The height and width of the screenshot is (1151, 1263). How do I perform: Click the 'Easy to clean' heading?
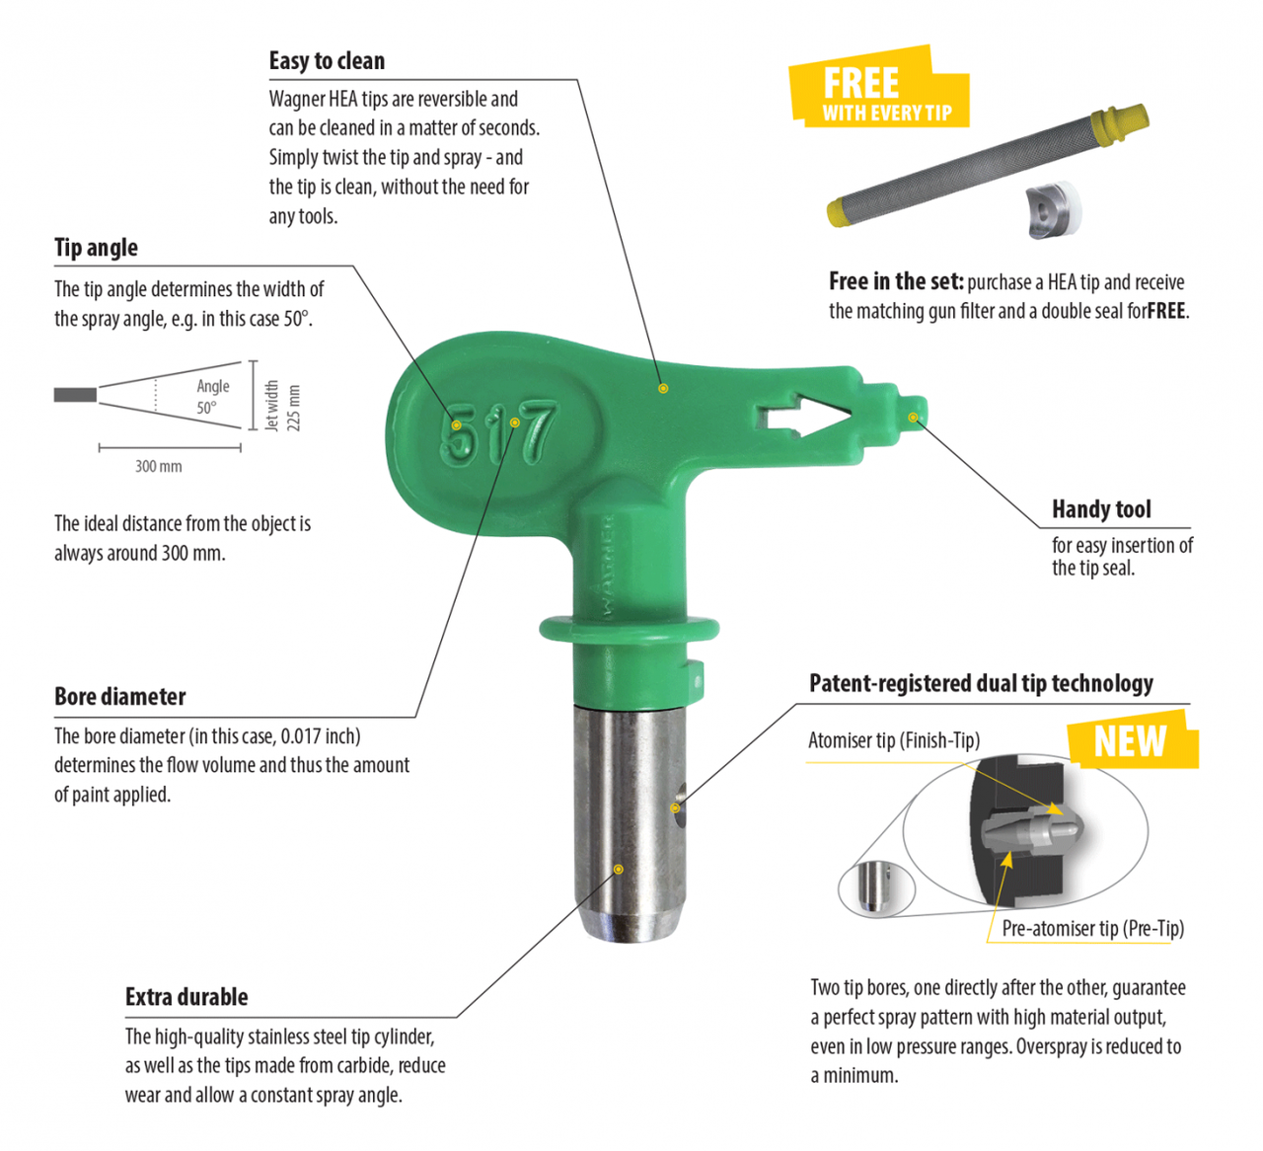327,61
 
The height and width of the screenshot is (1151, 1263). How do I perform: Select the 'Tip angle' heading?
96,248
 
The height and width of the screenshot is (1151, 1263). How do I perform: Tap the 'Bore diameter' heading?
119,697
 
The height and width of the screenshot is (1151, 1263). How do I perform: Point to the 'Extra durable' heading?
186,997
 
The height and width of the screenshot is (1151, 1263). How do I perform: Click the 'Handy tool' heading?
1101,509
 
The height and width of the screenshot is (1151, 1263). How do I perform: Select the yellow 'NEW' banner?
1133,739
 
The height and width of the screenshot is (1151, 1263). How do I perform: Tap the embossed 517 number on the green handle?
498,432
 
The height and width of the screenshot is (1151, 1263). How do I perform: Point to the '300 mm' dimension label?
159,467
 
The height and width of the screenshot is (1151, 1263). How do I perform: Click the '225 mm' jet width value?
293,409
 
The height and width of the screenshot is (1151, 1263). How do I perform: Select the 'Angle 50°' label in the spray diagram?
212,396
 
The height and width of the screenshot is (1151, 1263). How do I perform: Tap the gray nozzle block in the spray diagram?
75,395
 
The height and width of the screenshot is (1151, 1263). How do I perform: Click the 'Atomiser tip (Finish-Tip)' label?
894,740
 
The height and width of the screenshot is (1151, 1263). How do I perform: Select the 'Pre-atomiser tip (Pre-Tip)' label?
1093,929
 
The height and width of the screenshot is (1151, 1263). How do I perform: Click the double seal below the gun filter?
1054,210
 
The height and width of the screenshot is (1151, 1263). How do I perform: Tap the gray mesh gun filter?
988,165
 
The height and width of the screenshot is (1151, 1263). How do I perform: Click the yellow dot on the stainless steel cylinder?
619,870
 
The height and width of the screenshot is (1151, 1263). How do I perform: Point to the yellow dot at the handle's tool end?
913,418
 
